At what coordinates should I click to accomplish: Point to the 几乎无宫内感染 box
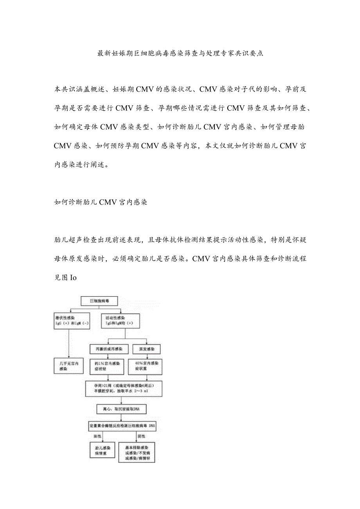coord(68,366)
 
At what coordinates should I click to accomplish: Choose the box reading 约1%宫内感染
coord(106,366)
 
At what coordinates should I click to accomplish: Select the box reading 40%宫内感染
coord(146,366)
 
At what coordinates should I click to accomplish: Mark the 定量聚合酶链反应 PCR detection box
coord(122,425)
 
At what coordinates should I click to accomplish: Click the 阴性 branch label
coord(141,436)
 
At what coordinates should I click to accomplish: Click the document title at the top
coord(180,54)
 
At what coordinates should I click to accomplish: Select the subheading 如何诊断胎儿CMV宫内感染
coord(101,203)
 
